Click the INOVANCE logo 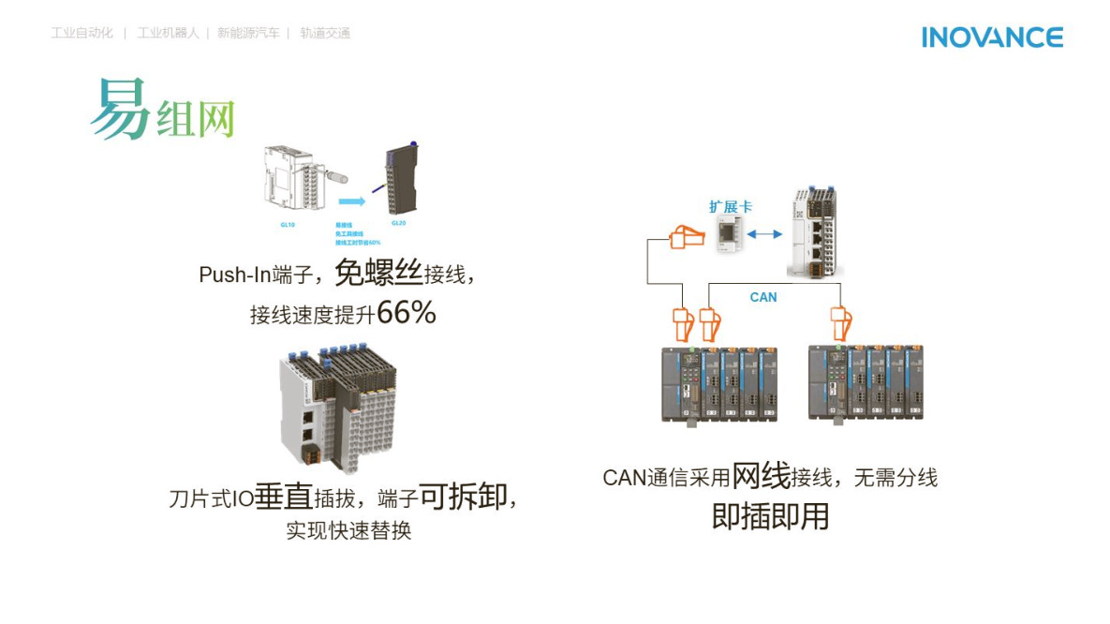992,37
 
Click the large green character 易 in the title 120,109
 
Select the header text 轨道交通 325,33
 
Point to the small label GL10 288,225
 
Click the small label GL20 398,223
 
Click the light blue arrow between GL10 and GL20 350,201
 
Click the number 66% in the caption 407,314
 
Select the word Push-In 235,275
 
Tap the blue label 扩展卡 730,207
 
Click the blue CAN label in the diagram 763,297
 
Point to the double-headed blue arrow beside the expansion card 767,234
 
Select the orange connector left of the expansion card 686,238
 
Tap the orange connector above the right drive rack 840,322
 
